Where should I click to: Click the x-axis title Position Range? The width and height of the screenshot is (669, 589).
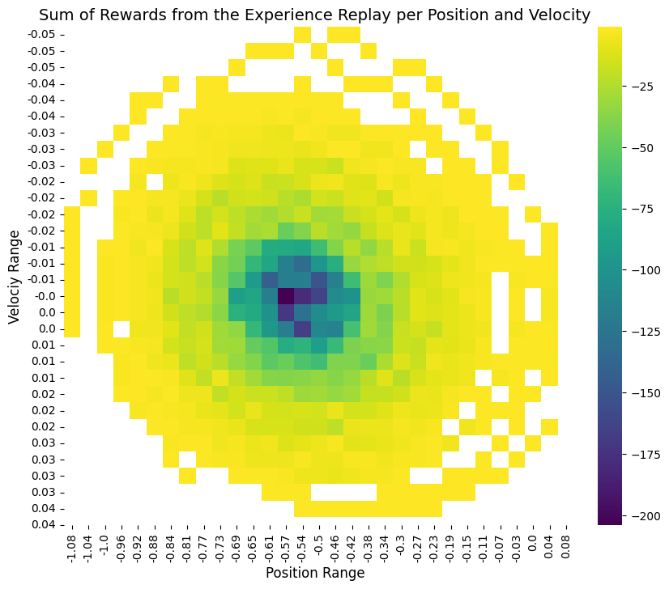tap(315, 573)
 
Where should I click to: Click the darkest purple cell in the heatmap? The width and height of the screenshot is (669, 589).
tap(286, 296)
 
